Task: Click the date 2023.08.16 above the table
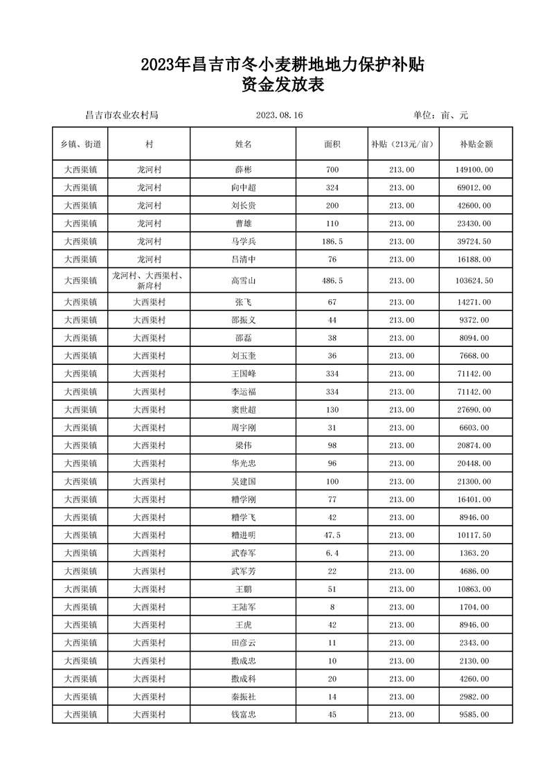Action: click(280, 116)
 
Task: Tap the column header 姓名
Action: click(244, 144)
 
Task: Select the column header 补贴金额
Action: click(476, 144)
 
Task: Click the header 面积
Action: click(332, 144)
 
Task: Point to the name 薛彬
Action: click(244, 170)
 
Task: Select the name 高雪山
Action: click(244, 280)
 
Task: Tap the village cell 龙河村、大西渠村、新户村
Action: click(149, 280)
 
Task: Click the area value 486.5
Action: click(332, 280)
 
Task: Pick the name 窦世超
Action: click(244, 409)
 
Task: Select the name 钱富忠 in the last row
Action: click(244, 715)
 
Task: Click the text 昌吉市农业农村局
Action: click(121, 116)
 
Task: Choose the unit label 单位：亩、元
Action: click(440, 116)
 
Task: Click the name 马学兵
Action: click(244, 241)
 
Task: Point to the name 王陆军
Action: click(244, 607)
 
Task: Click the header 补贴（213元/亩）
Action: click(402, 144)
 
